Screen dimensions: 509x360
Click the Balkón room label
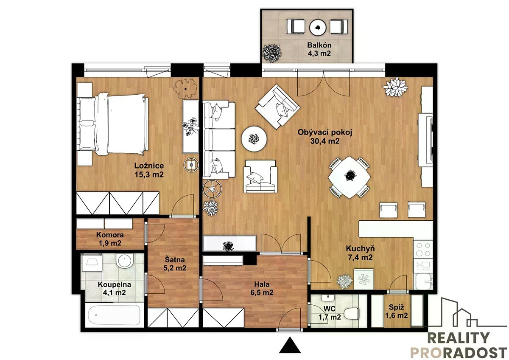click(x=319, y=45)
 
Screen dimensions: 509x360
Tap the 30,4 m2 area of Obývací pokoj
click(x=325, y=141)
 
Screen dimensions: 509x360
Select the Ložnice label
click(x=149, y=166)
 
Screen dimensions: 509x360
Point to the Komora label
click(x=110, y=235)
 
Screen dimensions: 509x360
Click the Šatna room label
click(x=174, y=259)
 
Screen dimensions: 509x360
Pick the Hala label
click(x=262, y=284)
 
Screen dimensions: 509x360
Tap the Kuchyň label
click(x=360, y=249)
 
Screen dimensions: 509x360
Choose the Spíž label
click(x=396, y=307)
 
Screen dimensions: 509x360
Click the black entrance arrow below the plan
click(x=290, y=345)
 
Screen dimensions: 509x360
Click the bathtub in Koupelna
click(x=114, y=315)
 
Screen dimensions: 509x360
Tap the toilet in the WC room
click(x=351, y=314)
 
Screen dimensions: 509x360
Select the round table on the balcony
click(x=318, y=27)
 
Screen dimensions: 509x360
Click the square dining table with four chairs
click(x=349, y=177)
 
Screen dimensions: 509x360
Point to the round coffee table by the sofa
click(x=254, y=139)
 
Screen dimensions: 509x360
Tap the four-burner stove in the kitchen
click(x=423, y=249)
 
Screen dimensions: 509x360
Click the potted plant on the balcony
click(x=272, y=53)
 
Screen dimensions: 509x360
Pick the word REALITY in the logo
click(x=459, y=338)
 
